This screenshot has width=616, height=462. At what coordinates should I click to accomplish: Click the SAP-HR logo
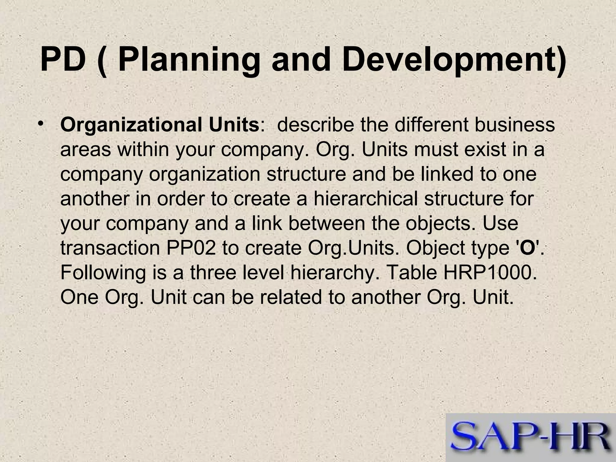531,438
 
